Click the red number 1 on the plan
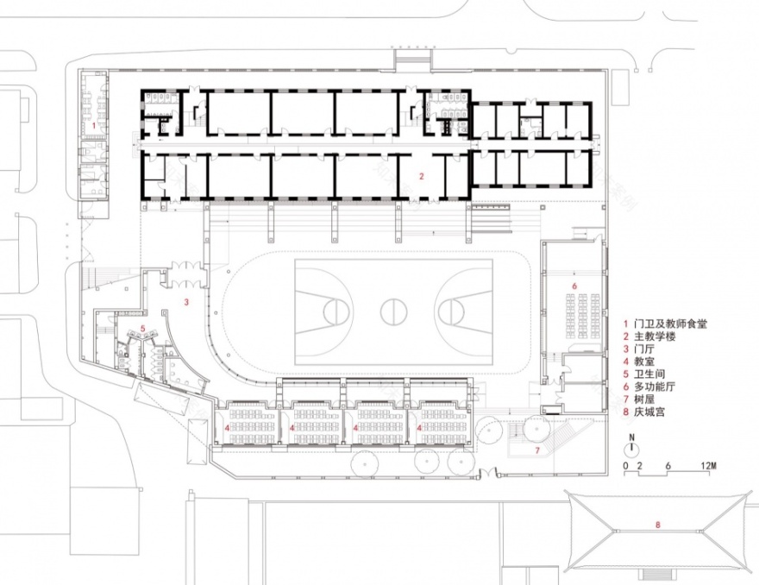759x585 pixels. pyautogui.click(x=94, y=125)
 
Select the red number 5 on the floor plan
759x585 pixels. pyautogui.click(x=142, y=328)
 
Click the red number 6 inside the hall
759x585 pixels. pyautogui.click(x=574, y=284)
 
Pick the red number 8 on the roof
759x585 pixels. pyautogui.click(x=658, y=524)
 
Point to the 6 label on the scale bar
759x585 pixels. pyautogui.click(x=668, y=467)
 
